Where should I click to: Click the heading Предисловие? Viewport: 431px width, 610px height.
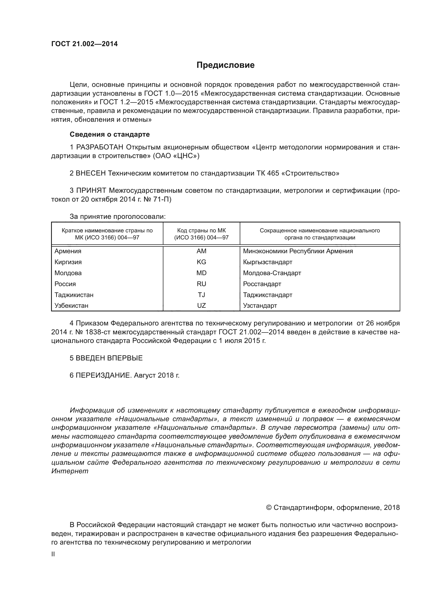[225, 65]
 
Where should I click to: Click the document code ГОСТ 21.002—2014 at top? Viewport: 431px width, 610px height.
[84, 44]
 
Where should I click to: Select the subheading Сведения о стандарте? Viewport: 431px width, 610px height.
[110, 134]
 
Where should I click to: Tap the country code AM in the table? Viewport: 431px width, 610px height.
[201, 251]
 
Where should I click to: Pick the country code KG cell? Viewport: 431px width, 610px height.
[201, 262]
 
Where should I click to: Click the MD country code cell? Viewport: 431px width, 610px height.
[201, 273]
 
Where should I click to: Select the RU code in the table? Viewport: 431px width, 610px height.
[201, 284]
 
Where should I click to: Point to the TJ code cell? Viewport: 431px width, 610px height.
[201, 295]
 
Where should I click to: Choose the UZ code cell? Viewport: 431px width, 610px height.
[201, 306]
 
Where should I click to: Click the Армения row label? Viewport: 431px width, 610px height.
[68, 251]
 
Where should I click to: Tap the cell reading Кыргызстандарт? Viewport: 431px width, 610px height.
[268, 262]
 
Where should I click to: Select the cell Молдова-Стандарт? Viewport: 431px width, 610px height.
[272, 273]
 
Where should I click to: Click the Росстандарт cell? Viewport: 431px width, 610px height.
[262, 284]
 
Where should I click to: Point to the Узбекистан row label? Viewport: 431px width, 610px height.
[71, 306]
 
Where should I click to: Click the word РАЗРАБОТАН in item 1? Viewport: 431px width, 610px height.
[100, 147]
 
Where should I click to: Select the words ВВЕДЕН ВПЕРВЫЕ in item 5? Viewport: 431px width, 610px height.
[109, 358]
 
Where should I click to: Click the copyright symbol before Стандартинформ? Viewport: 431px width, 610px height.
[269, 508]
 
